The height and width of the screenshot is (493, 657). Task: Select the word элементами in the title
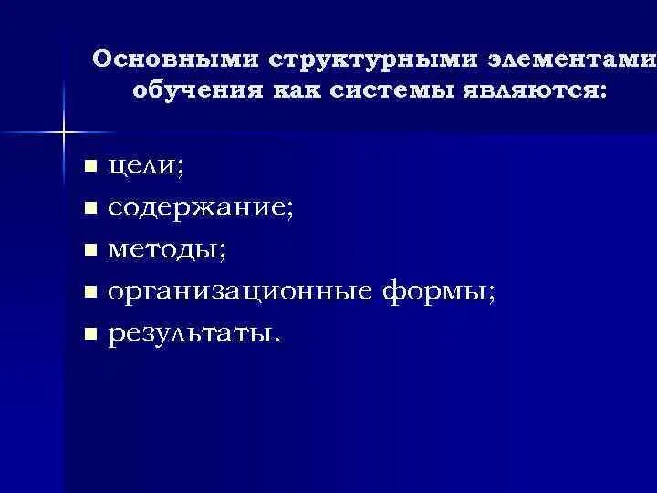(571, 59)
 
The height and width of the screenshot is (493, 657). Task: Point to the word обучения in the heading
(196, 91)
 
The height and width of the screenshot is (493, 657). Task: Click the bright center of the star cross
(64, 133)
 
